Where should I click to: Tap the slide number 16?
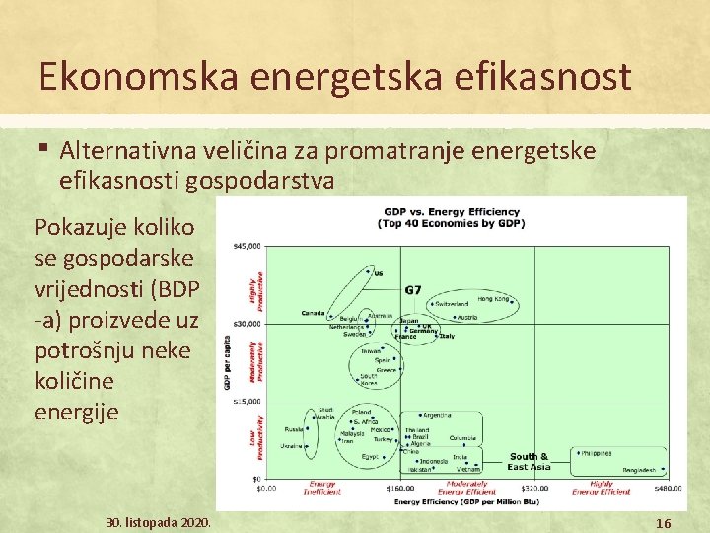click(664, 522)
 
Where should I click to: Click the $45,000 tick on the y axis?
click(244, 245)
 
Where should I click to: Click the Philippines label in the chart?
click(596, 453)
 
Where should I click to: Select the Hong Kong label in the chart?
click(492, 298)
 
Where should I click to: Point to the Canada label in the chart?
click(313, 314)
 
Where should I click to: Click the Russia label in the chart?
click(294, 429)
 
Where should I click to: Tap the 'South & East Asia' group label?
click(530, 461)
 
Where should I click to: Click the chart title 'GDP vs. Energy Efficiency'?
click(451, 212)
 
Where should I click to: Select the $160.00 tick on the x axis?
click(400, 487)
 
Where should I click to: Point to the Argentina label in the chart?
click(441, 415)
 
